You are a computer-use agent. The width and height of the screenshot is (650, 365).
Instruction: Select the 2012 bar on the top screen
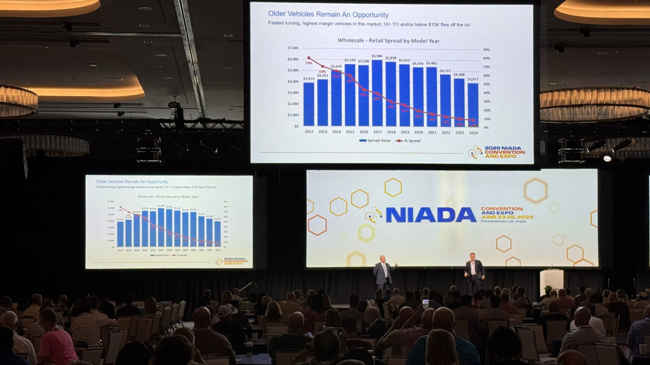pyautogui.click(x=309, y=104)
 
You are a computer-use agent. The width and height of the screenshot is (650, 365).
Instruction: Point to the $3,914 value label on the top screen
pyautogui.click(x=308, y=79)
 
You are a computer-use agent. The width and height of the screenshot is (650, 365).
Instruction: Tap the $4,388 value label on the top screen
pyautogui.click(x=459, y=75)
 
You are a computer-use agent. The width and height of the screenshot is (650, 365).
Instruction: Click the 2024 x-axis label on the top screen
pyautogui.click(x=473, y=133)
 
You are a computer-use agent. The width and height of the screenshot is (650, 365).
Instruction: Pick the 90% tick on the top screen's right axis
pyautogui.click(x=487, y=50)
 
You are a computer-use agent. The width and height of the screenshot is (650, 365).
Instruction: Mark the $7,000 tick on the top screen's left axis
pyautogui.click(x=293, y=48)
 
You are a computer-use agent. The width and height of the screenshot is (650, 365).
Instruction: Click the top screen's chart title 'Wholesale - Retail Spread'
pyautogui.click(x=388, y=41)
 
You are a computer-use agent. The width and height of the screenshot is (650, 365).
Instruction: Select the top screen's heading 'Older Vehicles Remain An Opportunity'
pyautogui.click(x=328, y=15)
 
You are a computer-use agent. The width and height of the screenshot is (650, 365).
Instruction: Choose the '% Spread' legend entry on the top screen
pyautogui.click(x=409, y=141)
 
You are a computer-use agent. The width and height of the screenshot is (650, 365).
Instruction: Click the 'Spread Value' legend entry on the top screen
pyautogui.click(x=375, y=141)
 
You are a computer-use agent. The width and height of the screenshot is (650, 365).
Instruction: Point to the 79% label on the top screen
pyautogui.click(x=308, y=63)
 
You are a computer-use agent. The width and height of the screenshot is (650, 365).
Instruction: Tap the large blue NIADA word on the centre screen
pyautogui.click(x=431, y=215)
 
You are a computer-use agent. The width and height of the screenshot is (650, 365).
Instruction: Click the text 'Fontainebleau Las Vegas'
pyautogui.click(x=503, y=221)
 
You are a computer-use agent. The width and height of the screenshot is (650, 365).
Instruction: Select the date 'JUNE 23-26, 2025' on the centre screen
pyautogui.click(x=507, y=217)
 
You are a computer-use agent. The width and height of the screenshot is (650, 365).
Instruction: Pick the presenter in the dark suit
pyautogui.click(x=474, y=273)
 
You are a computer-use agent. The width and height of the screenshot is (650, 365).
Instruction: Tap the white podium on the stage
pyautogui.click(x=552, y=282)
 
